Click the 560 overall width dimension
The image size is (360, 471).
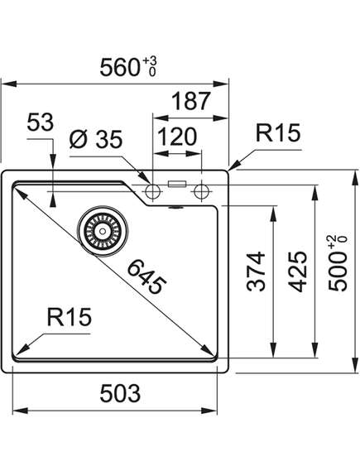(128, 67)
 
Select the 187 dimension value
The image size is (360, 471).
(191, 101)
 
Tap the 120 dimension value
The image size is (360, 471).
(177, 137)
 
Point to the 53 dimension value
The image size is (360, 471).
(41, 123)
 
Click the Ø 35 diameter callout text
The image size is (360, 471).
(96, 139)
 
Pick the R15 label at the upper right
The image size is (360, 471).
(278, 132)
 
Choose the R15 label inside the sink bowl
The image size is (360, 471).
(69, 317)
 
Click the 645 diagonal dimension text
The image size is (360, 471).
(146, 277)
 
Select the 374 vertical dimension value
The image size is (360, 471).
(256, 272)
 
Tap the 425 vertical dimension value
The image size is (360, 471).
(298, 272)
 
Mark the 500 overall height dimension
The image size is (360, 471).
(338, 263)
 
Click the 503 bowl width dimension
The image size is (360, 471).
(120, 393)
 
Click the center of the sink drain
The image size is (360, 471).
(103, 231)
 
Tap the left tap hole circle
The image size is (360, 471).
(152, 191)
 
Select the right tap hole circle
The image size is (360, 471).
(201, 191)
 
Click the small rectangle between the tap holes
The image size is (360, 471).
(177, 184)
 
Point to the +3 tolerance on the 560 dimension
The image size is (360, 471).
(150, 61)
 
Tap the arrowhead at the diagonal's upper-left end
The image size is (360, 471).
(20, 192)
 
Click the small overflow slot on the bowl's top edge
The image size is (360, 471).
(176, 207)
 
